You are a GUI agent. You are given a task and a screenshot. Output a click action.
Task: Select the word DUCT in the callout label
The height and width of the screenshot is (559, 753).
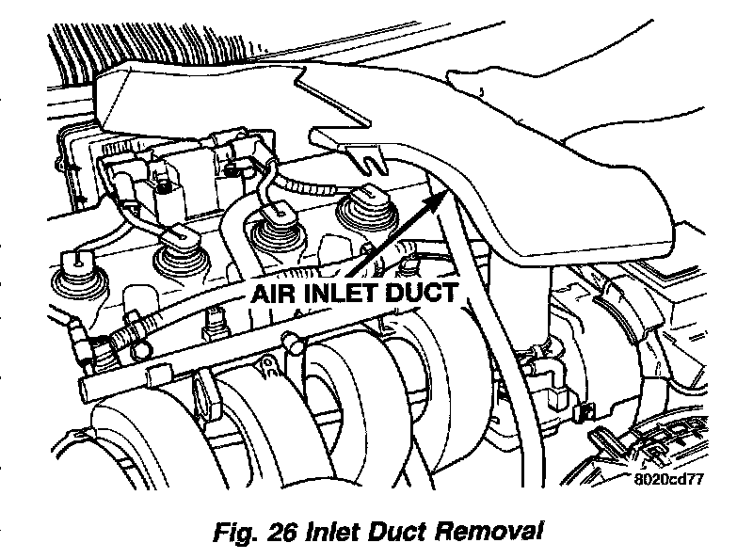425,293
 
